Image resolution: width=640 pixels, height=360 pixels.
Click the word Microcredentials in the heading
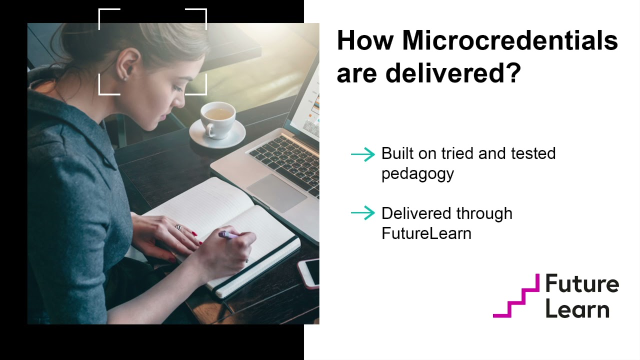pos(510,41)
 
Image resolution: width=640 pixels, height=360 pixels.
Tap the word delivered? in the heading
pos(453,72)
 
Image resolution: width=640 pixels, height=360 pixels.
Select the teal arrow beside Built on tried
pos(362,154)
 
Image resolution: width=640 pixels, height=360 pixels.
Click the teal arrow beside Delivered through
pos(362,214)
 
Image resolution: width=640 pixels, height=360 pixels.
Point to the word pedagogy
pos(417,174)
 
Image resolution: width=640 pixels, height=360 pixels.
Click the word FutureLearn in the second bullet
pos(426,233)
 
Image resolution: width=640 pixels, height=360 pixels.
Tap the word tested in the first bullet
pos(534,153)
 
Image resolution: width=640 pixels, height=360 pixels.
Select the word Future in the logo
pos(581,284)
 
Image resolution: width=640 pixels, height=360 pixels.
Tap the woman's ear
pos(122,64)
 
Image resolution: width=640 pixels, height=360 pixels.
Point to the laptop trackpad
pos(276,192)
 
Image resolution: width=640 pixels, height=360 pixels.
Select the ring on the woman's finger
pos(178,227)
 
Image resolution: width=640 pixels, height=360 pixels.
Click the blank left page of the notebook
pos(200,200)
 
